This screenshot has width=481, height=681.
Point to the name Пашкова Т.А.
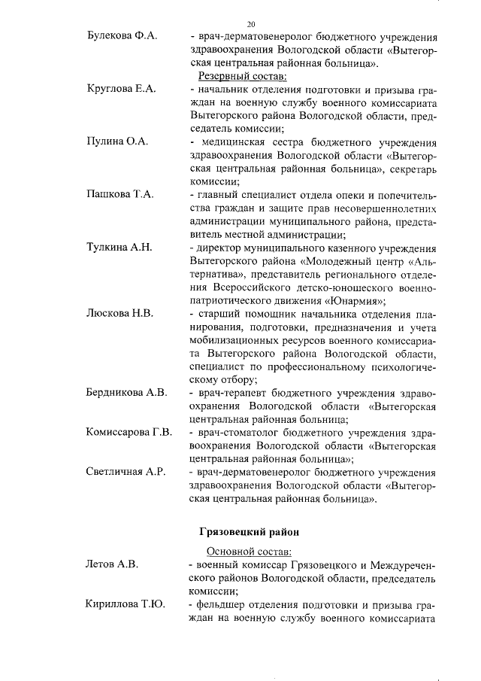(x=119, y=194)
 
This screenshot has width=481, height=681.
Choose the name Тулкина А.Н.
(x=119, y=247)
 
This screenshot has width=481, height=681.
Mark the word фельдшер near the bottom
(x=219, y=604)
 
